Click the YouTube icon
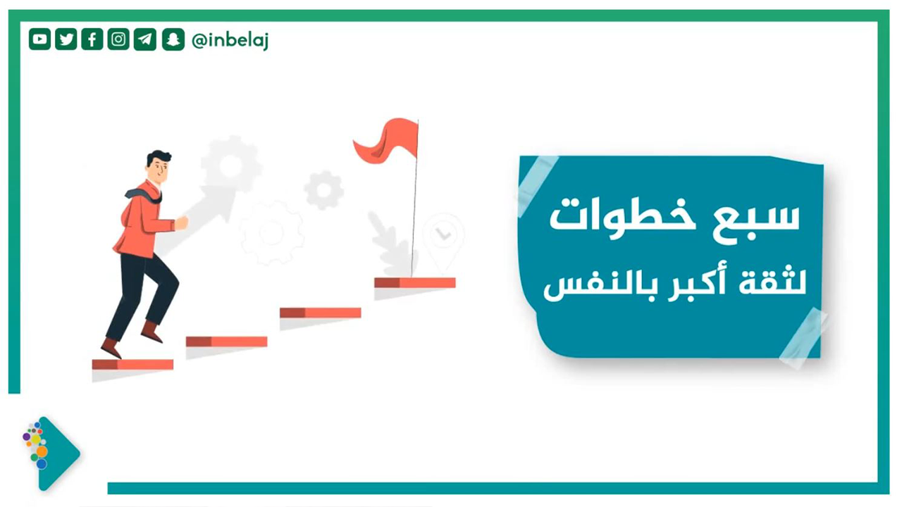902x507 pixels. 39,39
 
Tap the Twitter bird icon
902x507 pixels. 66,39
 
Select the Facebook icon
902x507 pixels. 92,39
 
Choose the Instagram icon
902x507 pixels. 118,39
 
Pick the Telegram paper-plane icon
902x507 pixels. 145,39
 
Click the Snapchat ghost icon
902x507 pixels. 173,39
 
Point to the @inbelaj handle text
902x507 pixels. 230,40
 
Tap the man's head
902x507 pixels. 159,166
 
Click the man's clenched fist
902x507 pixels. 181,223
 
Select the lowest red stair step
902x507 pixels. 133,365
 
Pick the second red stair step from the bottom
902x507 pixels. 227,342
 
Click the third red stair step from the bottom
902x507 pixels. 321,313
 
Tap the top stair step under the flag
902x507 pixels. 415,283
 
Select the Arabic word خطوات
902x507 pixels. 622,219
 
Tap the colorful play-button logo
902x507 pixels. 51,453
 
